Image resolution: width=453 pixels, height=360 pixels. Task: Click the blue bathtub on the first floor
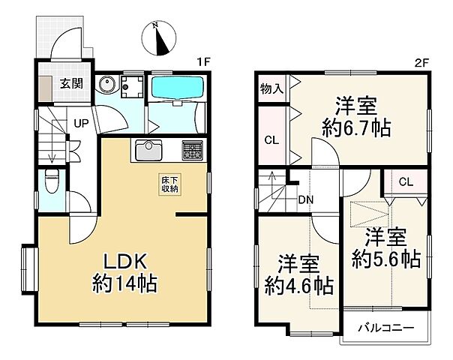point(174,87)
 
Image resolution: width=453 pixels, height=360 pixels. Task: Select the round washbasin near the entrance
point(107,85)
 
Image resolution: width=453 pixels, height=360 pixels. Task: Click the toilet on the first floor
point(52,180)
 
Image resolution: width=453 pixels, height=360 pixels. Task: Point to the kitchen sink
point(149,150)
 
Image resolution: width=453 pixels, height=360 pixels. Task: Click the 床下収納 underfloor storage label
point(168,184)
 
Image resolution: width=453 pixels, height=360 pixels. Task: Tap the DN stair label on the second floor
point(305,199)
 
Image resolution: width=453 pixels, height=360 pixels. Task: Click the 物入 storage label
point(271,88)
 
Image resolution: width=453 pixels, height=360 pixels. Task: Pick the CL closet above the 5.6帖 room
point(405,181)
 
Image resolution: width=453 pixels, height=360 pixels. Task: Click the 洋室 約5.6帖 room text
point(386,250)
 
